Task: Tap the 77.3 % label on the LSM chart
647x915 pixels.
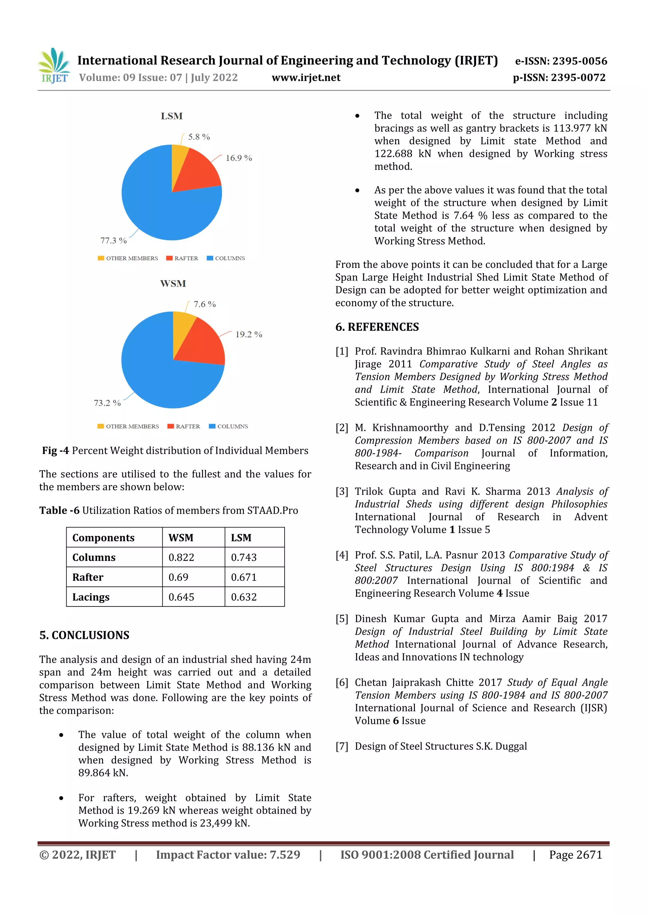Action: click(x=113, y=241)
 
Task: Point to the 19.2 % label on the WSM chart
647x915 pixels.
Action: click(x=248, y=334)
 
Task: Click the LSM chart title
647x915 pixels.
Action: click(x=172, y=116)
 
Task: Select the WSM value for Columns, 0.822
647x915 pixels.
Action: click(x=181, y=557)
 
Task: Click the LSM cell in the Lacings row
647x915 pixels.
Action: click(x=244, y=597)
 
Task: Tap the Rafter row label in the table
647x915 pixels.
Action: click(x=88, y=577)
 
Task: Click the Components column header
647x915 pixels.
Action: click(x=103, y=538)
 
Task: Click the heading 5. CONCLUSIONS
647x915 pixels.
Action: click(x=84, y=635)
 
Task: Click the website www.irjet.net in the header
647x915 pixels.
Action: click(x=306, y=77)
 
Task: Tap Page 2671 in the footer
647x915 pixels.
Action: click(x=575, y=854)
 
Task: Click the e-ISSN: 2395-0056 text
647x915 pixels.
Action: click(x=561, y=61)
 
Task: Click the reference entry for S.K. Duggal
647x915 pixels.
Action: click(x=440, y=746)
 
